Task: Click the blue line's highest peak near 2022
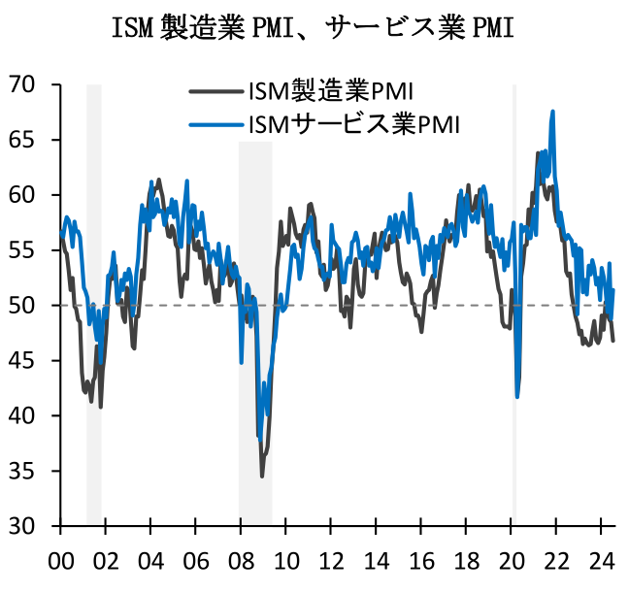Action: (552, 112)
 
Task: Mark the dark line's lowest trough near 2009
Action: (262, 476)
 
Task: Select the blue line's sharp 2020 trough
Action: (517, 396)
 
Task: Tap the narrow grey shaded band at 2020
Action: (513, 291)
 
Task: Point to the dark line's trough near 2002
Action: (100, 406)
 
